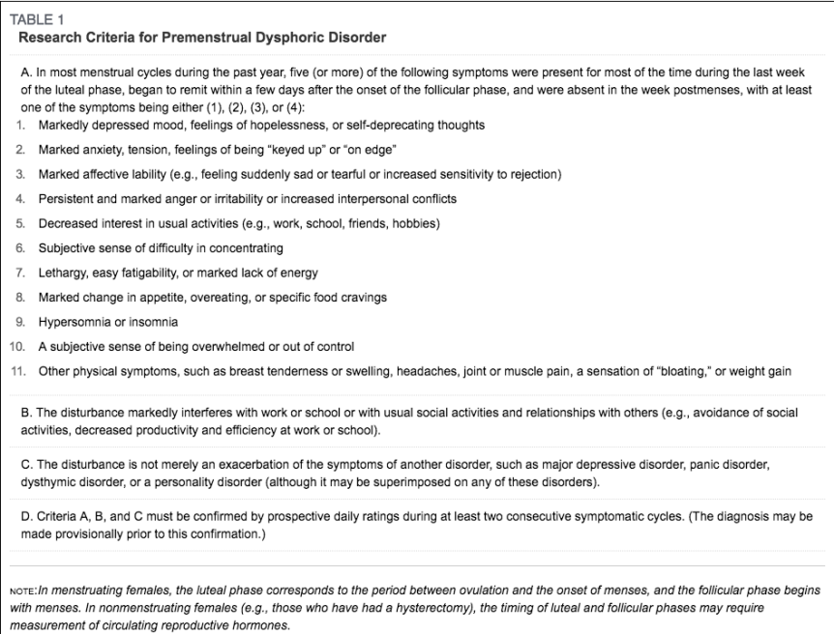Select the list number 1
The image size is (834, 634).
20,126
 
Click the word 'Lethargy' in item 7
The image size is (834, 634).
62,274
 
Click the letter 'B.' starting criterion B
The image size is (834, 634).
26,413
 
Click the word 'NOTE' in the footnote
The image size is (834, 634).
23,591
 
